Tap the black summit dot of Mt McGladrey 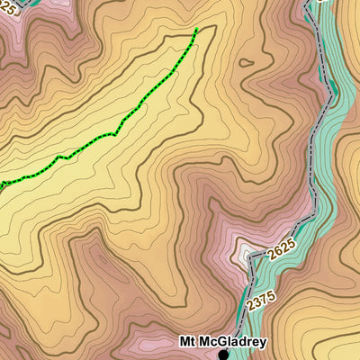tap(223, 355)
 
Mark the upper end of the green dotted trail tap(196, 30)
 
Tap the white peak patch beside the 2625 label tap(247, 252)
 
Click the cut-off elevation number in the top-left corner tap(9, 7)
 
